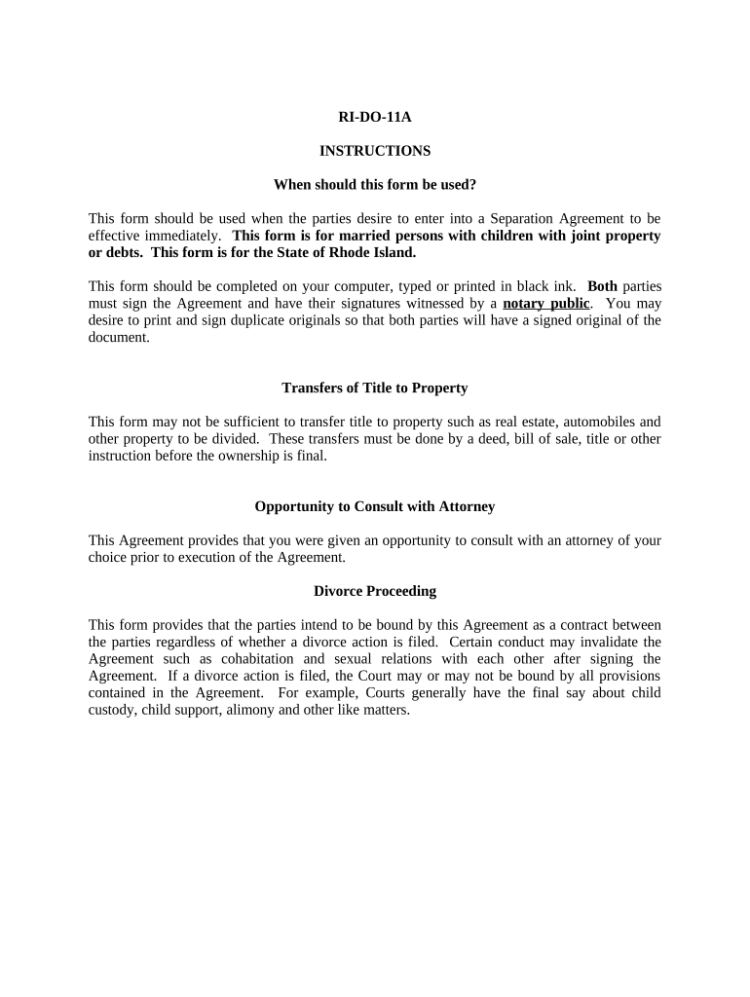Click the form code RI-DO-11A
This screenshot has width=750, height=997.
point(374,118)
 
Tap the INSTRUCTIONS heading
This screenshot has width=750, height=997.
point(374,151)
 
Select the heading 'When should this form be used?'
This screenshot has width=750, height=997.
point(374,184)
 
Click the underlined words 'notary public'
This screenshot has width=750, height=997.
point(545,303)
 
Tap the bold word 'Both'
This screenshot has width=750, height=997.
point(602,286)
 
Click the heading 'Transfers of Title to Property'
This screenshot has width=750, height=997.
point(374,388)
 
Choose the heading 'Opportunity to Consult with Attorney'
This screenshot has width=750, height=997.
point(374,506)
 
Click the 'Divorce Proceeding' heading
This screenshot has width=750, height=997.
point(374,591)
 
